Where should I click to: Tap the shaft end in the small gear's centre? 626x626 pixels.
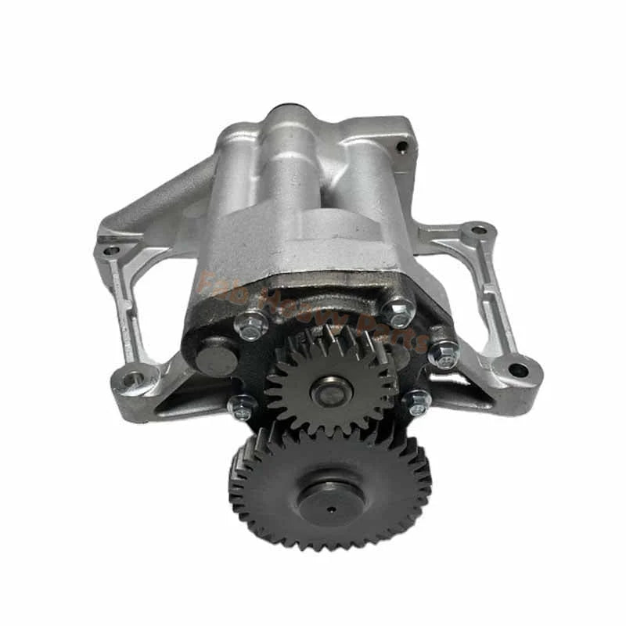[332, 391]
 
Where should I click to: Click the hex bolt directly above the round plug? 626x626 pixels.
[253, 326]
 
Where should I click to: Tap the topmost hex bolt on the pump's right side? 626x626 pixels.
[399, 314]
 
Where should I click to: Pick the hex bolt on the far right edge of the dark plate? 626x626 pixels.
[444, 354]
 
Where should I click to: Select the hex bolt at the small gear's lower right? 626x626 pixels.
[417, 402]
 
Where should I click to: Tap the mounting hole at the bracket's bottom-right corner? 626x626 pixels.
[518, 369]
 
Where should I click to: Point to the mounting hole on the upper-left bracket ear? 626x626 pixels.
[110, 251]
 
